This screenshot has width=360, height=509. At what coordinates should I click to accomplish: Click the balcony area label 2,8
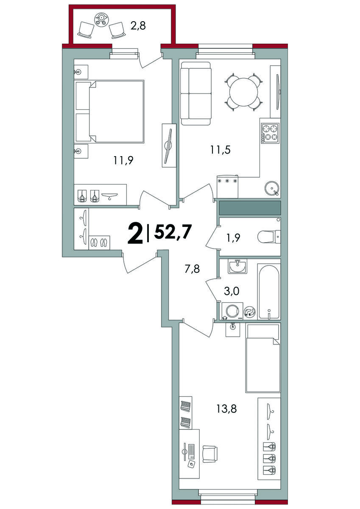click(x=138, y=26)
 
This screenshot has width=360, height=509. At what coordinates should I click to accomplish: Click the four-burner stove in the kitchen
click(x=270, y=133)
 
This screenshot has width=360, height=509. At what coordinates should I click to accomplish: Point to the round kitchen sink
click(x=272, y=188)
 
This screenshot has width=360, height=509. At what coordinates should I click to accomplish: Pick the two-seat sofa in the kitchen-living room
click(x=196, y=94)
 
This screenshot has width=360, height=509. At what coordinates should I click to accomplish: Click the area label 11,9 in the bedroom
click(x=123, y=160)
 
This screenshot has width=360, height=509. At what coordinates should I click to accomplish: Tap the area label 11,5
click(x=220, y=150)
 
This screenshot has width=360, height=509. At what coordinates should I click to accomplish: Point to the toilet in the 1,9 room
click(x=269, y=237)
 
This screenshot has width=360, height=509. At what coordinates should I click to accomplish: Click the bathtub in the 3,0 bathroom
click(x=269, y=291)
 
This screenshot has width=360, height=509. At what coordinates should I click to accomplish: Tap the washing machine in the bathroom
click(x=232, y=311)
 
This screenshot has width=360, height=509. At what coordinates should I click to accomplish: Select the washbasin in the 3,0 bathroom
click(x=237, y=266)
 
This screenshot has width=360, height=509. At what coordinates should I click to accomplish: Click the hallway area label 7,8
click(x=192, y=269)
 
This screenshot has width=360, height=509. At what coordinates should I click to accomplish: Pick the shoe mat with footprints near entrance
click(x=99, y=243)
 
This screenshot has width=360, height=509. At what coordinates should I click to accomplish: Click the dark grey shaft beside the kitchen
click(x=250, y=208)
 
